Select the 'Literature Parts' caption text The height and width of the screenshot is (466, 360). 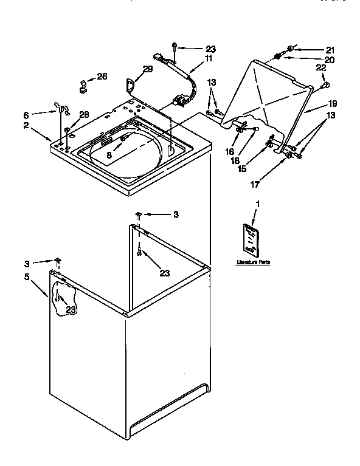[x=254, y=262]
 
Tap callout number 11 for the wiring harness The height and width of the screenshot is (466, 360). [x=208, y=60]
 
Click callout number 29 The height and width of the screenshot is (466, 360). [x=147, y=70]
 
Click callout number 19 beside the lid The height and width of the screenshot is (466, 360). [x=333, y=104]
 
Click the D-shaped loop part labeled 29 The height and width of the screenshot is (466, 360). [x=130, y=83]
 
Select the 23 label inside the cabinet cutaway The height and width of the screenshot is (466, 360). [x=72, y=310]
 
